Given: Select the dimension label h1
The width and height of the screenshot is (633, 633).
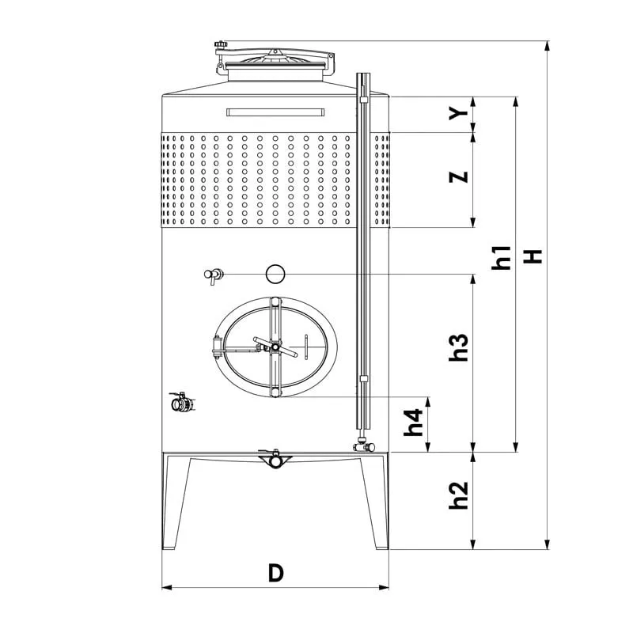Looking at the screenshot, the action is pos(501,258).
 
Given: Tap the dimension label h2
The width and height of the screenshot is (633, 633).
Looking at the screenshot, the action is pos(459,495).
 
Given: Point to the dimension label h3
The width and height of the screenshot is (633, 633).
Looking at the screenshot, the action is pos(459,347).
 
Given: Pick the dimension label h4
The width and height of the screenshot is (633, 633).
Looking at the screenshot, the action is pos(414,423).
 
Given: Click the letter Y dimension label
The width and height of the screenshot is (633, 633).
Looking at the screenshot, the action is pos(459,114).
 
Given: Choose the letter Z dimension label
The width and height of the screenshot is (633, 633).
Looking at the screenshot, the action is pos(459,176).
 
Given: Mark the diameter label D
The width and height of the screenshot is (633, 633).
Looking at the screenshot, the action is pos(276,573).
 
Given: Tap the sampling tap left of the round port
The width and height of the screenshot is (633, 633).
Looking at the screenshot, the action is pos(213,275).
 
